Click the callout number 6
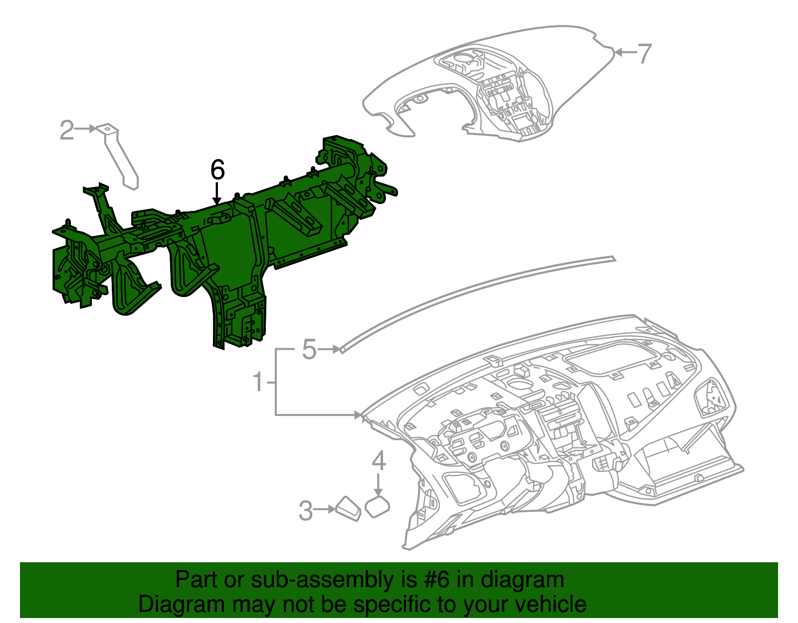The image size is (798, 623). click(x=217, y=170)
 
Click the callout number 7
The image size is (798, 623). click(x=644, y=53)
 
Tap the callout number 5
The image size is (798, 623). click(x=309, y=349)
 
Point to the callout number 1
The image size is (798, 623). click(x=258, y=382)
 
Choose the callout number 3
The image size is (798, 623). click(x=306, y=511)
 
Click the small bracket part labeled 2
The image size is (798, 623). click(x=119, y=155)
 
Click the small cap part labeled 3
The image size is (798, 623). click(x=349, y=509)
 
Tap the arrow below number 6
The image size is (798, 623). click(x=217, y=194)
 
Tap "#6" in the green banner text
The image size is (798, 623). click(x=437, y=580)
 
